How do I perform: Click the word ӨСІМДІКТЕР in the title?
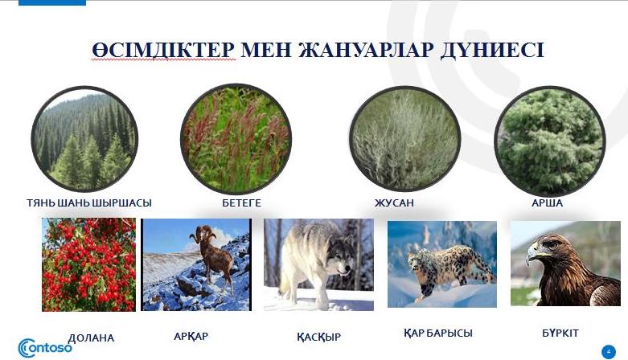tap(163, 50)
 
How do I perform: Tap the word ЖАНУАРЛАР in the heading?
tap(366, 50)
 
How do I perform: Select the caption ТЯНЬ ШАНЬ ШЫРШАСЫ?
tap(89, 203)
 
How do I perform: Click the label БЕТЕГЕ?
tap(241, 203)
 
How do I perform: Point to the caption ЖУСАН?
tap(394, 203)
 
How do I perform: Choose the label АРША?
tap(547, 203)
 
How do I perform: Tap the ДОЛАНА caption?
tap(91, 338)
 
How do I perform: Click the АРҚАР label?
tap(191, 336)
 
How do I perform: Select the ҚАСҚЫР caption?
tap(318, 337)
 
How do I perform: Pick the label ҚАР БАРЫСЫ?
tap(438, 333)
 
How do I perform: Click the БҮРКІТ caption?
tap(560, 333)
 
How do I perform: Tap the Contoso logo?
tap(45, 348)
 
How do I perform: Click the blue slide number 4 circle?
tap(609, 352)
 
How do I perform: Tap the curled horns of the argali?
tap(203, 233)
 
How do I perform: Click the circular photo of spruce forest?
tap(84, 138)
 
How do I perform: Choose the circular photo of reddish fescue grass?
tap(236, 138)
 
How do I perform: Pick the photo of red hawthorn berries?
tap(89, 264)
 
